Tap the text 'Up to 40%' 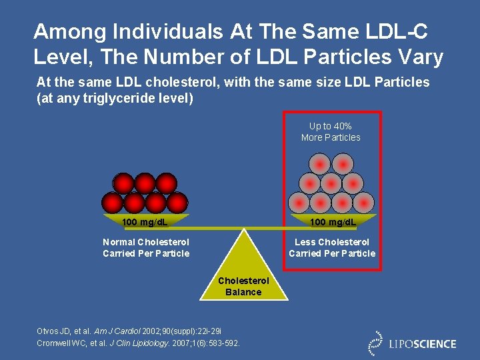(331, 126)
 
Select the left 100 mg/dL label (145, 221)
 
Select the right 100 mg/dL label (333, 221)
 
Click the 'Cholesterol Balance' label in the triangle (243, 287)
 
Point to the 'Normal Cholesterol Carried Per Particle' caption (146, 247)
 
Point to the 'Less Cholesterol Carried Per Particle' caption (332, 247)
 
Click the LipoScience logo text (423, 344)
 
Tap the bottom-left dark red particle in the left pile (113, 202)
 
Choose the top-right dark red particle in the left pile (166, 183)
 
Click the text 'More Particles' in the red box (331, 137)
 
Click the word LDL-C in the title (406, 31)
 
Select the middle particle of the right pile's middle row (331, 183)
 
